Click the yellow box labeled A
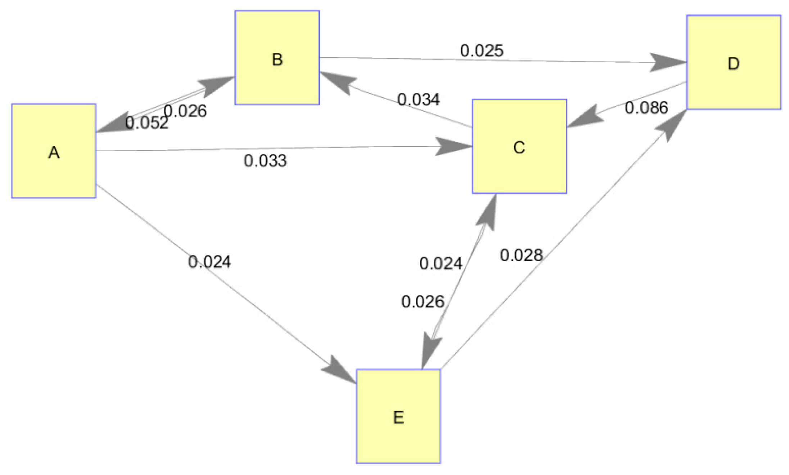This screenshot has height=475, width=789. pos(54,151)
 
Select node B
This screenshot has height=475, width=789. pos(277,58)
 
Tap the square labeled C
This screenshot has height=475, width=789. pos(519,146)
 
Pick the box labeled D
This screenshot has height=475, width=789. pos(734,63)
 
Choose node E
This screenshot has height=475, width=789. pos(398,416)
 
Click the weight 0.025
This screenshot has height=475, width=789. pos(481,51)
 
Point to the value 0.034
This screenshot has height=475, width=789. pos(418,99)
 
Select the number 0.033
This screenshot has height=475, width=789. pos(265,161)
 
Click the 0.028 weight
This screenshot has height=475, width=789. pos(521,255)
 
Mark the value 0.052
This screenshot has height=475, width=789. pos(146,123)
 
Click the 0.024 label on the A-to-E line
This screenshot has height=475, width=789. pos(209,262)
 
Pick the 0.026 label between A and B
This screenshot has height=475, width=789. pos(185,111)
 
